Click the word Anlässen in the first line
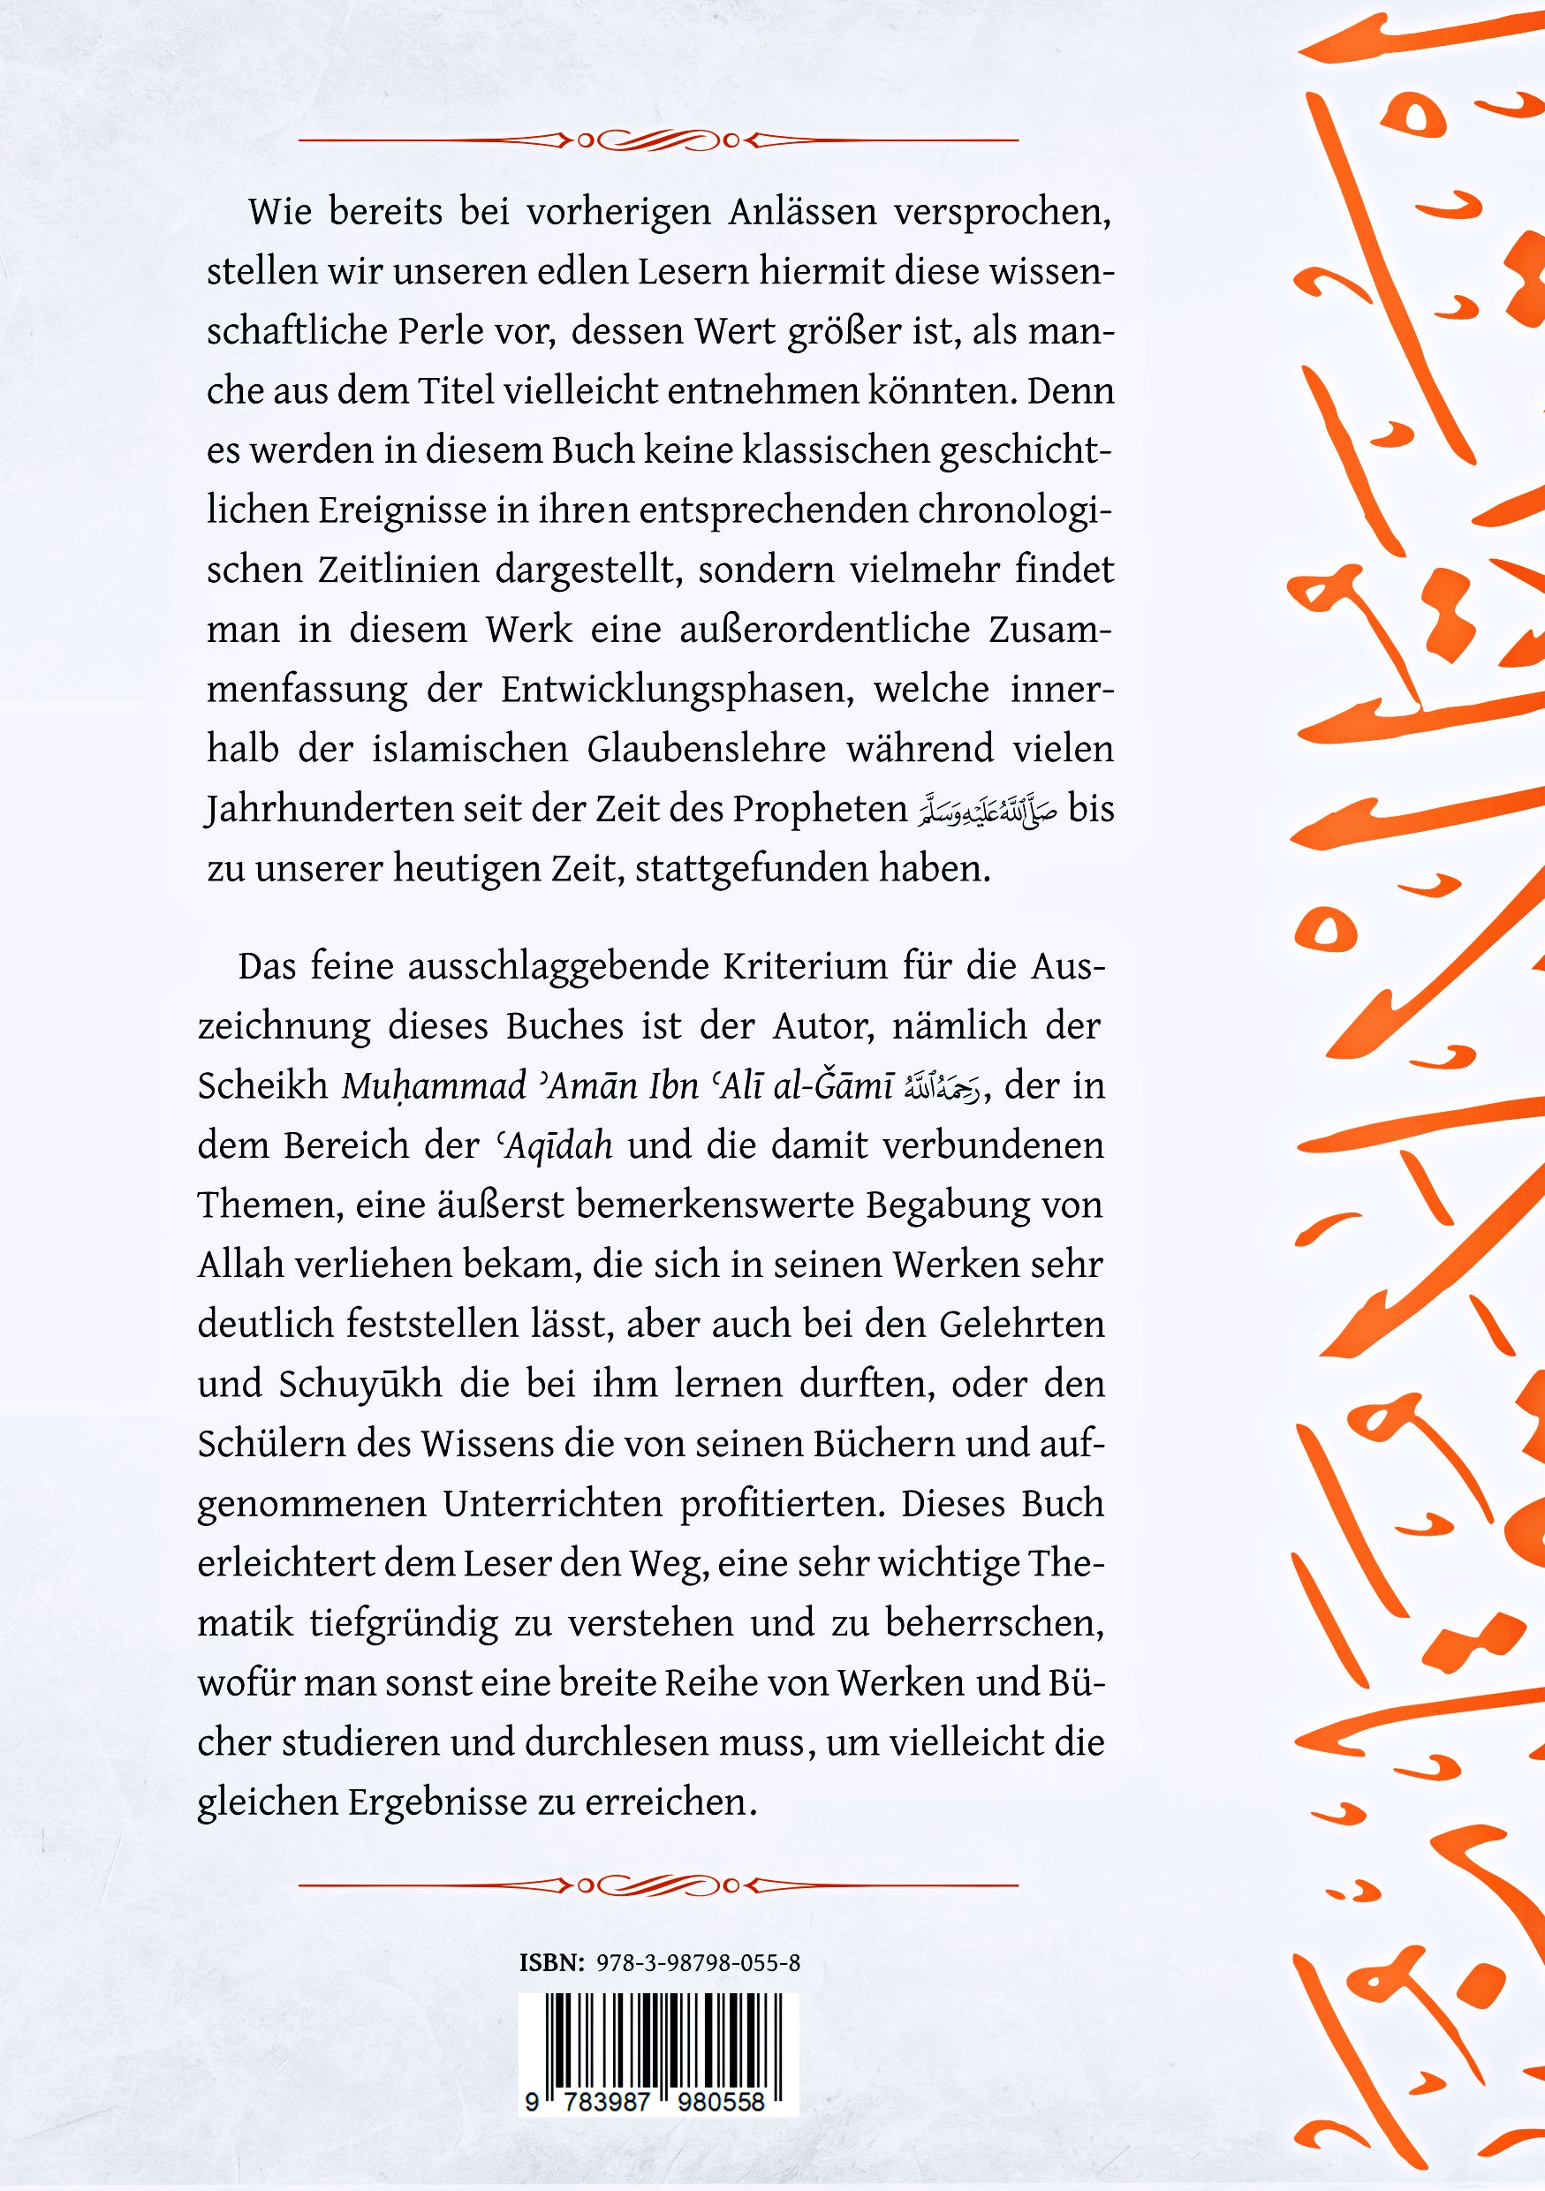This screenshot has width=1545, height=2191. tap(801, 211)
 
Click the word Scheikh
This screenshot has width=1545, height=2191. tap(262, 1086)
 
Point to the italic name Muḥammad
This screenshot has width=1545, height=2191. tap(435, 1086)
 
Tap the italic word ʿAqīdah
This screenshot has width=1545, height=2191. tap(555, 1146)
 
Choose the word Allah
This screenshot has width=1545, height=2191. tap(240, 1265)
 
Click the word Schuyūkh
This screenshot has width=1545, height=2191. tap(360, 1385)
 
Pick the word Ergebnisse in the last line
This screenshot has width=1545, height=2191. tap(439, 1802)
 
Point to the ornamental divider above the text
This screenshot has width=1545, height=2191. tap(658, 140)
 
